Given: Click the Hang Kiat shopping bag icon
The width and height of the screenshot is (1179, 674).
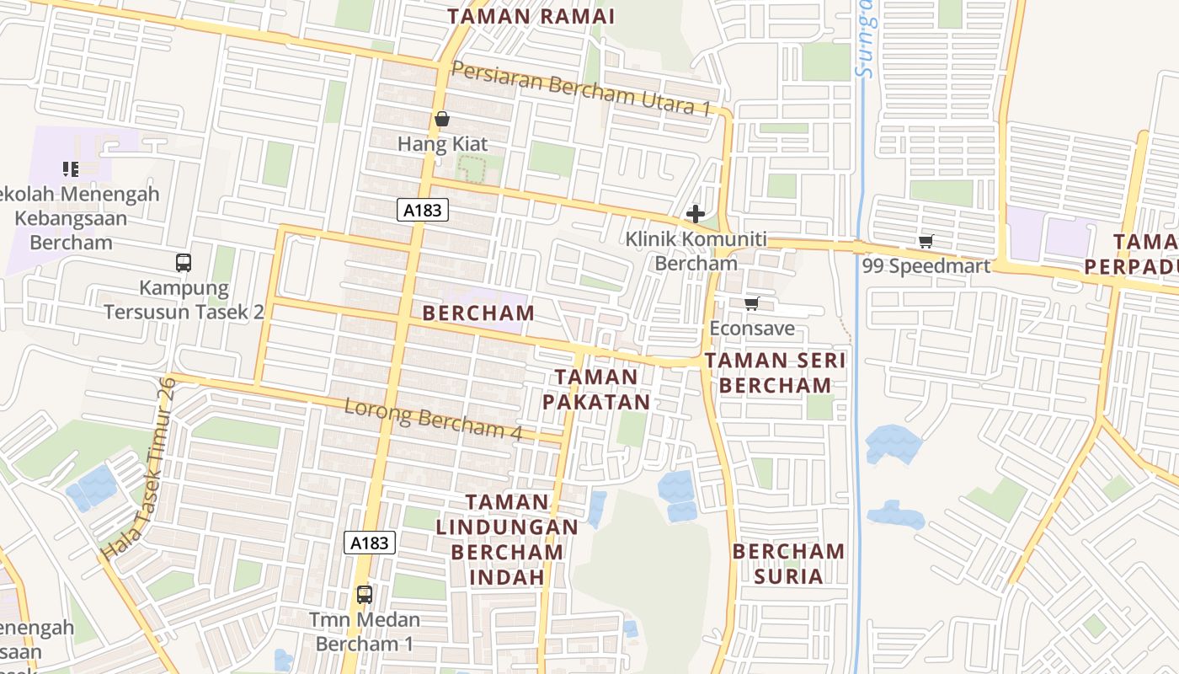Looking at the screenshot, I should click(442, 120).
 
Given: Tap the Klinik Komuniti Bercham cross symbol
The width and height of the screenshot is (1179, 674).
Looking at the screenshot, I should click(696, 213).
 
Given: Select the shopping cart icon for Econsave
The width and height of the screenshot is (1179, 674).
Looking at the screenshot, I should click(752, 303).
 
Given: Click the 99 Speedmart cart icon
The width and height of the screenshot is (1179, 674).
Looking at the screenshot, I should click(926, 242).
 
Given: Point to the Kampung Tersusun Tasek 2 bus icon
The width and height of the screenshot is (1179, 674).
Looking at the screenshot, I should click(184, 262).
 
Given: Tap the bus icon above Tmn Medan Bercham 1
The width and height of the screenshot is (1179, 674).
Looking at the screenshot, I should click(364, 594).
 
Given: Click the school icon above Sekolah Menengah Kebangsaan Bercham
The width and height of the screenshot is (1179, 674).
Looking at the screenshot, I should click(71, 169).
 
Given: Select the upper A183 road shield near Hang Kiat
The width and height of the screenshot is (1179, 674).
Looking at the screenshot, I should click(422, 210).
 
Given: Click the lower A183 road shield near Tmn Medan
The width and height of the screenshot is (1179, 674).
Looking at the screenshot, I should click(369, 543).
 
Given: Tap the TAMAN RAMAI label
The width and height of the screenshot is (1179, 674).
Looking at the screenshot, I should click(531, 16).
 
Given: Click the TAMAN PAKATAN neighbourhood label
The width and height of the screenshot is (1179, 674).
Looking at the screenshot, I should click(596, 389).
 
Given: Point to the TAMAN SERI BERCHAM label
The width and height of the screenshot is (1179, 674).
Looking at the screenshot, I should click(775, 372).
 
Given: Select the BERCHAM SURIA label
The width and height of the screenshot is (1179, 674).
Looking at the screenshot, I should click(788, 564).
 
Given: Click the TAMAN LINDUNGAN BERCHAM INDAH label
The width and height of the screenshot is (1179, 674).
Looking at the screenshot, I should click(507, 539).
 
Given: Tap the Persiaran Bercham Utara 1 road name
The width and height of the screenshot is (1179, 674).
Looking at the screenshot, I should click(581, 88).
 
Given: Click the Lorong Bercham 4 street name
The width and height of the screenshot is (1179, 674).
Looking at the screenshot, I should click(434, 418).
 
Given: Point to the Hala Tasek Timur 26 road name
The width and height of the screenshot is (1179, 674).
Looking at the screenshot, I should click(139, 468).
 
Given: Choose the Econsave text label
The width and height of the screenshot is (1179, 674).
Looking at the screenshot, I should click(752, 328).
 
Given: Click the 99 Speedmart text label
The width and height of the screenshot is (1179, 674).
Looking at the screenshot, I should click(926, 265).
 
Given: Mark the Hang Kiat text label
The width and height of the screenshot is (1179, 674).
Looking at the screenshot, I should click(442, 144).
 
